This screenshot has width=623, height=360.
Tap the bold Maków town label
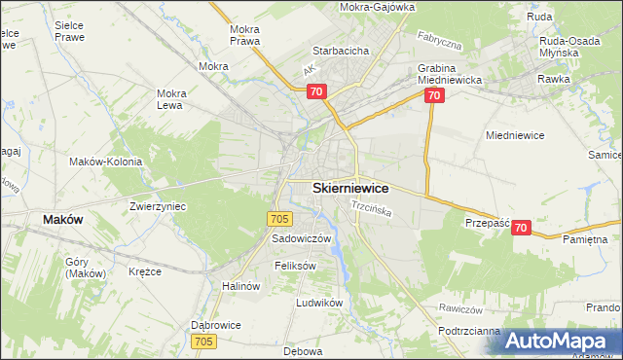point(62,220)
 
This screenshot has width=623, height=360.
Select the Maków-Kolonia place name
point(105,162)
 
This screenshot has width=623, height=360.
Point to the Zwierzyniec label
point(158,206)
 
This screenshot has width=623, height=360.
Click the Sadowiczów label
point(302,238)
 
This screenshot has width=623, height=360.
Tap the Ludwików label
point(320,303)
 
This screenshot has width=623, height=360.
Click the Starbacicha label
point(339,51)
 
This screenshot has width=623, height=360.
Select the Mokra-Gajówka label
point(377,7)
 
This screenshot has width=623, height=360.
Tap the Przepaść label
point(488,223)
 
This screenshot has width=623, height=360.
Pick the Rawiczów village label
point(461,308)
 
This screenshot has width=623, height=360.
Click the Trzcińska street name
point(371,208)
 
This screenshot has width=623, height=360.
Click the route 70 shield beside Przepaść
point(521,228)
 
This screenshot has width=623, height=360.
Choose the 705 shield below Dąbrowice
point(203,341)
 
